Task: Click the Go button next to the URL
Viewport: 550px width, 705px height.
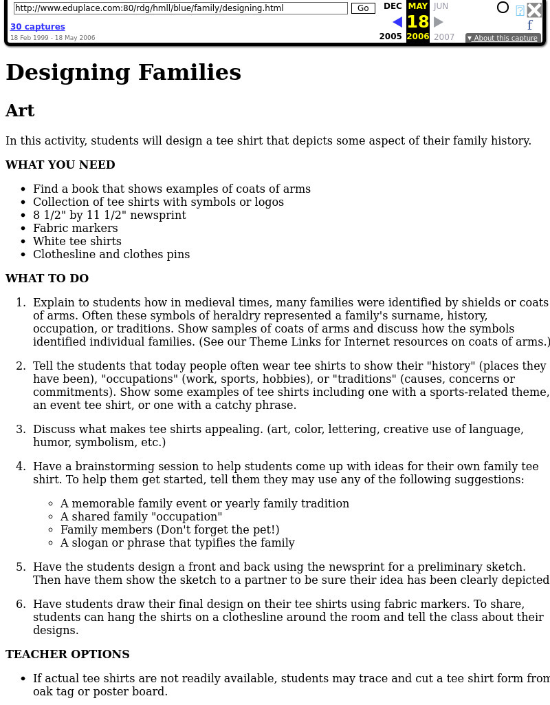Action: click(363, 8)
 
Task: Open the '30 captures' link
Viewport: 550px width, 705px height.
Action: click(38, 27)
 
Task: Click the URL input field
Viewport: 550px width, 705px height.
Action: click(180, 8)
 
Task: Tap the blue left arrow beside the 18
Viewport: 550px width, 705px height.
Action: click(397, 22)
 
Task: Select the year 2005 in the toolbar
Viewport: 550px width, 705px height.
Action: click(390, 36)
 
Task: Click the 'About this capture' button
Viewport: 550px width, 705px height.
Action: click(503, 38)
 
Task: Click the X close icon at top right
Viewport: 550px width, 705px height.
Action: click(534, 10)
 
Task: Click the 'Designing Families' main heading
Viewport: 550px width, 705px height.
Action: click(124, 72)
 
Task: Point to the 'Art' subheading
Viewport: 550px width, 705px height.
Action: click(20, 111)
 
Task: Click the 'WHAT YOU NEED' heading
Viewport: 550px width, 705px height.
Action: click(60, 165)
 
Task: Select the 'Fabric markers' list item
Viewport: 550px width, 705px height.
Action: click(76, 228)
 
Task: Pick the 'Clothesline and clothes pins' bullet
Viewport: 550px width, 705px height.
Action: click(111, 254)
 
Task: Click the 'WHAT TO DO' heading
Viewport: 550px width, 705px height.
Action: click(47, 278)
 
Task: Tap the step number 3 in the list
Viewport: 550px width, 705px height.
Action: click(21, 429)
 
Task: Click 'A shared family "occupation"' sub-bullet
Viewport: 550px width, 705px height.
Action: click(141, 516)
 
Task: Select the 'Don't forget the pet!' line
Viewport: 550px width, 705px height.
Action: click(170, 529)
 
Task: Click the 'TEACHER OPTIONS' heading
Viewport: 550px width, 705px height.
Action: click(67, 654)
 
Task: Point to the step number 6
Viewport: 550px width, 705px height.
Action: click(21, 604)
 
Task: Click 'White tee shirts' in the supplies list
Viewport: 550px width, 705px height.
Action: click(77, 241)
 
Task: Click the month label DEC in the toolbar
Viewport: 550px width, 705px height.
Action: click(393, 6)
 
